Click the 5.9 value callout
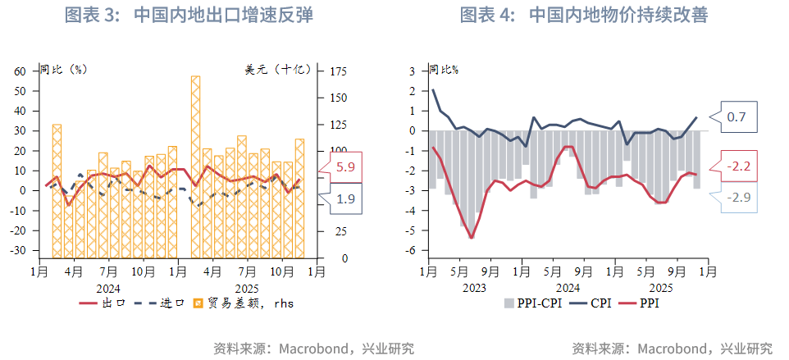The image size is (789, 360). point(345,166)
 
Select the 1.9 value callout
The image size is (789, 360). point(345,198)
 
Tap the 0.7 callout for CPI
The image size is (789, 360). point(737,117)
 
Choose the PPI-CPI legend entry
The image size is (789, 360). point(533,303)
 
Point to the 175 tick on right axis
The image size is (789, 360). point(338,71)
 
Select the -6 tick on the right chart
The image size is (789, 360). point(412,251)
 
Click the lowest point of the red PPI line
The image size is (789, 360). point(472,238)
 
